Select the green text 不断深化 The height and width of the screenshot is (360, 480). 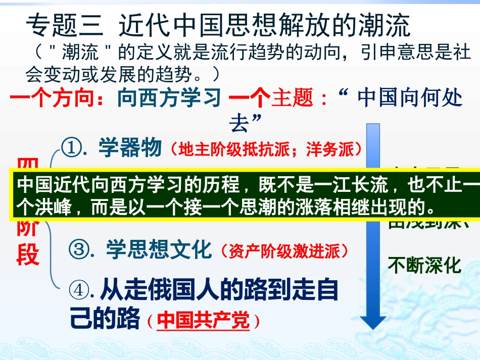point(424,265)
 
